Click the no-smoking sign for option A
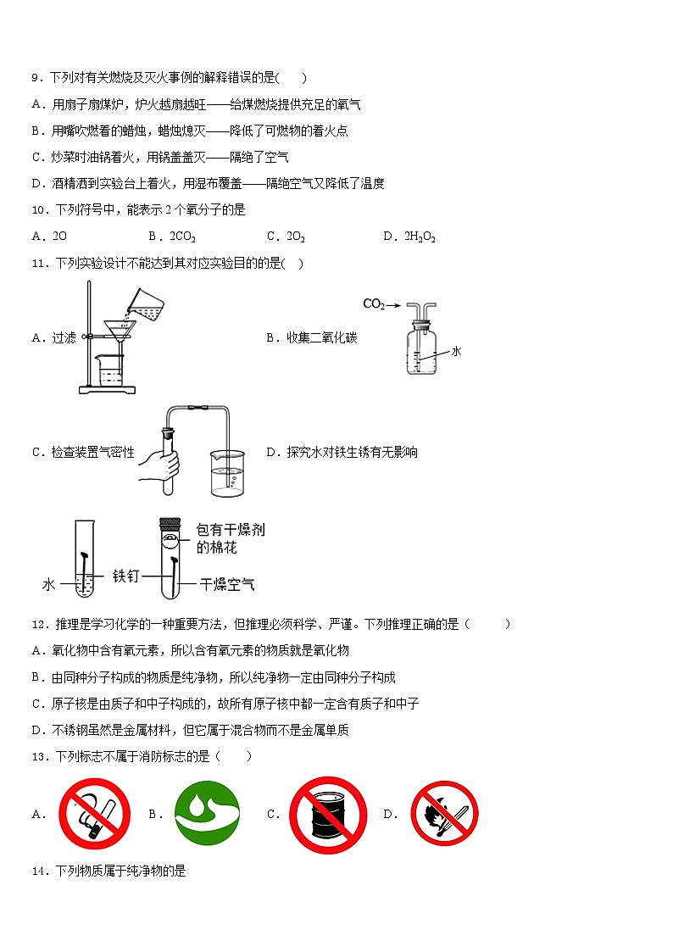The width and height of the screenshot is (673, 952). [94, 814]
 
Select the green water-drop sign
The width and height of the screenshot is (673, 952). [207, 814]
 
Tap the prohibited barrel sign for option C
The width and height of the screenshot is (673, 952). [327, 815]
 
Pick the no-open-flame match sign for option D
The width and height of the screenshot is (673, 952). [445, 814]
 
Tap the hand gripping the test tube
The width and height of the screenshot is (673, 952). [164, 464]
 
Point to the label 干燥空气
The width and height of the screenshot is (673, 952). [227, 584]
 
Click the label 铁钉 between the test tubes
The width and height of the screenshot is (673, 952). [125, 576]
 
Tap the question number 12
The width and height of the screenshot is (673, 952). [37, 625]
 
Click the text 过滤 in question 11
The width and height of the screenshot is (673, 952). [64, 337]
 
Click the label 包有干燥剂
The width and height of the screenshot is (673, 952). [230, 529]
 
